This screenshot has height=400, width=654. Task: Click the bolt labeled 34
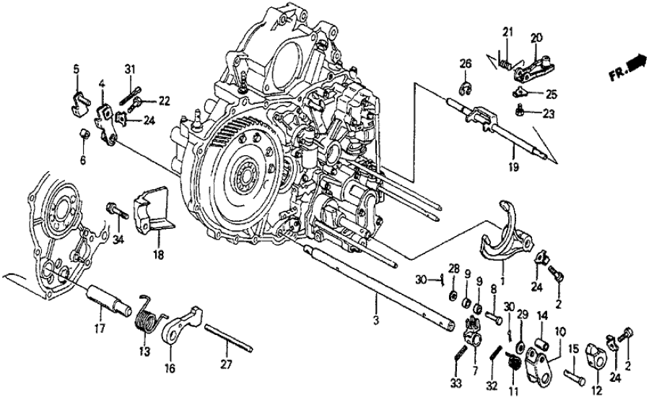pos(116,210)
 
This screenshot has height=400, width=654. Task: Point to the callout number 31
pos(129,69)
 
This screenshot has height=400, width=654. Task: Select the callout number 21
pos(507,33)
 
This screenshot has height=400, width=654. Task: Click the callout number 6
pos(82,160)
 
